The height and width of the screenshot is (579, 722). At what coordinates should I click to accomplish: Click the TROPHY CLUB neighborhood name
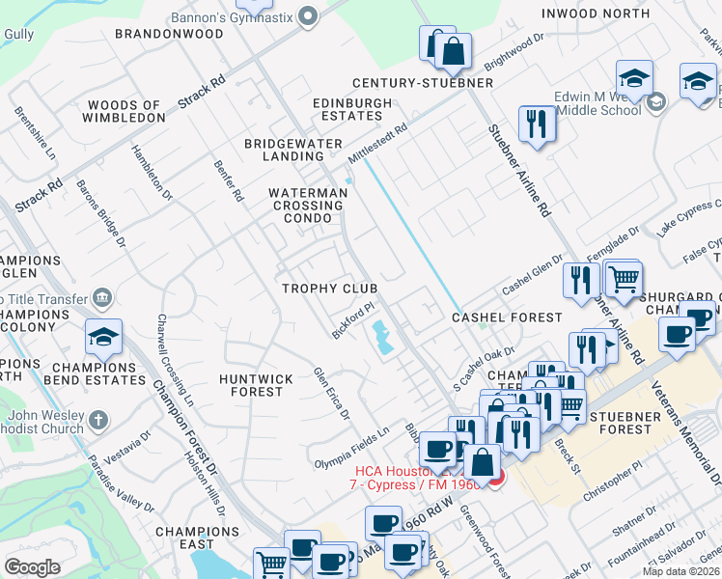[329, 289]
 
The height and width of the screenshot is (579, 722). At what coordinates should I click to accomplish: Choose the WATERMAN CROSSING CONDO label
[308, 206]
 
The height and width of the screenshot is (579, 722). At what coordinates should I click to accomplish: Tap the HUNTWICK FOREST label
[251, 385]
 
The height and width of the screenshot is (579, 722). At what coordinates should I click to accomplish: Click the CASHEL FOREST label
[508, 317]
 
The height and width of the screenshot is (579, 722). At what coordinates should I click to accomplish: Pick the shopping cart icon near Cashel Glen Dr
[624, 280]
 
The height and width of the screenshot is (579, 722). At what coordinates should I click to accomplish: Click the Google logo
[32, 567]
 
